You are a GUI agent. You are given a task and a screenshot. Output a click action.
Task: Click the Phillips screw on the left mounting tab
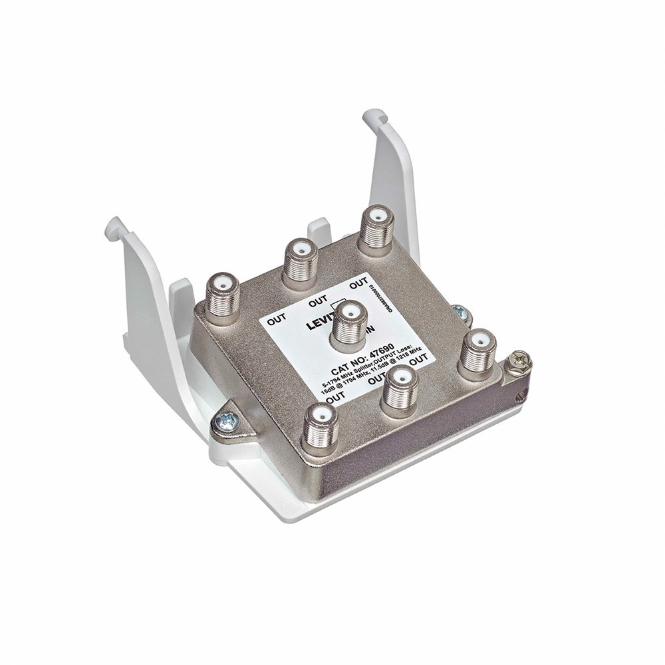(225, 420)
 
